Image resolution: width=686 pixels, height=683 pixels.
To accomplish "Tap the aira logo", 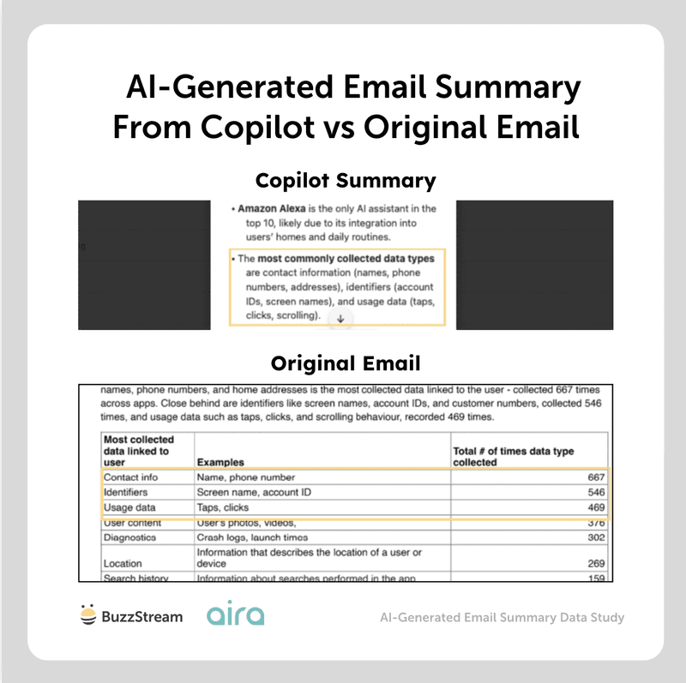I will (235, 614).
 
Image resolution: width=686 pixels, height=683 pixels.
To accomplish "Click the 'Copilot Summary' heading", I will (346, 182).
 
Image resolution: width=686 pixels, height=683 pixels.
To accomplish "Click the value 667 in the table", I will (595, 476).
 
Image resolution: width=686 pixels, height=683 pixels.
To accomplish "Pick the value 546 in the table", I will (595, 493).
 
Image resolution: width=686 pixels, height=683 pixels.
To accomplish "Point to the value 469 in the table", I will (595, 508).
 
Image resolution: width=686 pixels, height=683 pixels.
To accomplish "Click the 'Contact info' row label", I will (130, 476).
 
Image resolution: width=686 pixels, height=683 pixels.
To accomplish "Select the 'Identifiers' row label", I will (125, 493).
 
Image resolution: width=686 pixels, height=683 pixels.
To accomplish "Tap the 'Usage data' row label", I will (129, 508).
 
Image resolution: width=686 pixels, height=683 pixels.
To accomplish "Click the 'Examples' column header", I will (220, 462).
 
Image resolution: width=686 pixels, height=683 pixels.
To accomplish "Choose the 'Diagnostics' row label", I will (129, 538).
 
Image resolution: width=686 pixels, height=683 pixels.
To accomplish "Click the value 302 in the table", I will (595, 538).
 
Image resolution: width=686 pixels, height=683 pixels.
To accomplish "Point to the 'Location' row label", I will (123, 564).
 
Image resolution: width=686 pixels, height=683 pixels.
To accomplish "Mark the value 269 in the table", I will (595, 564).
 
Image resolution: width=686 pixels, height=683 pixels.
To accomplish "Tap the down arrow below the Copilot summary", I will (340, 318).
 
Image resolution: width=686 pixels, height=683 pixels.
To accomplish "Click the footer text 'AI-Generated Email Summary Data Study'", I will (502, 617).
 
